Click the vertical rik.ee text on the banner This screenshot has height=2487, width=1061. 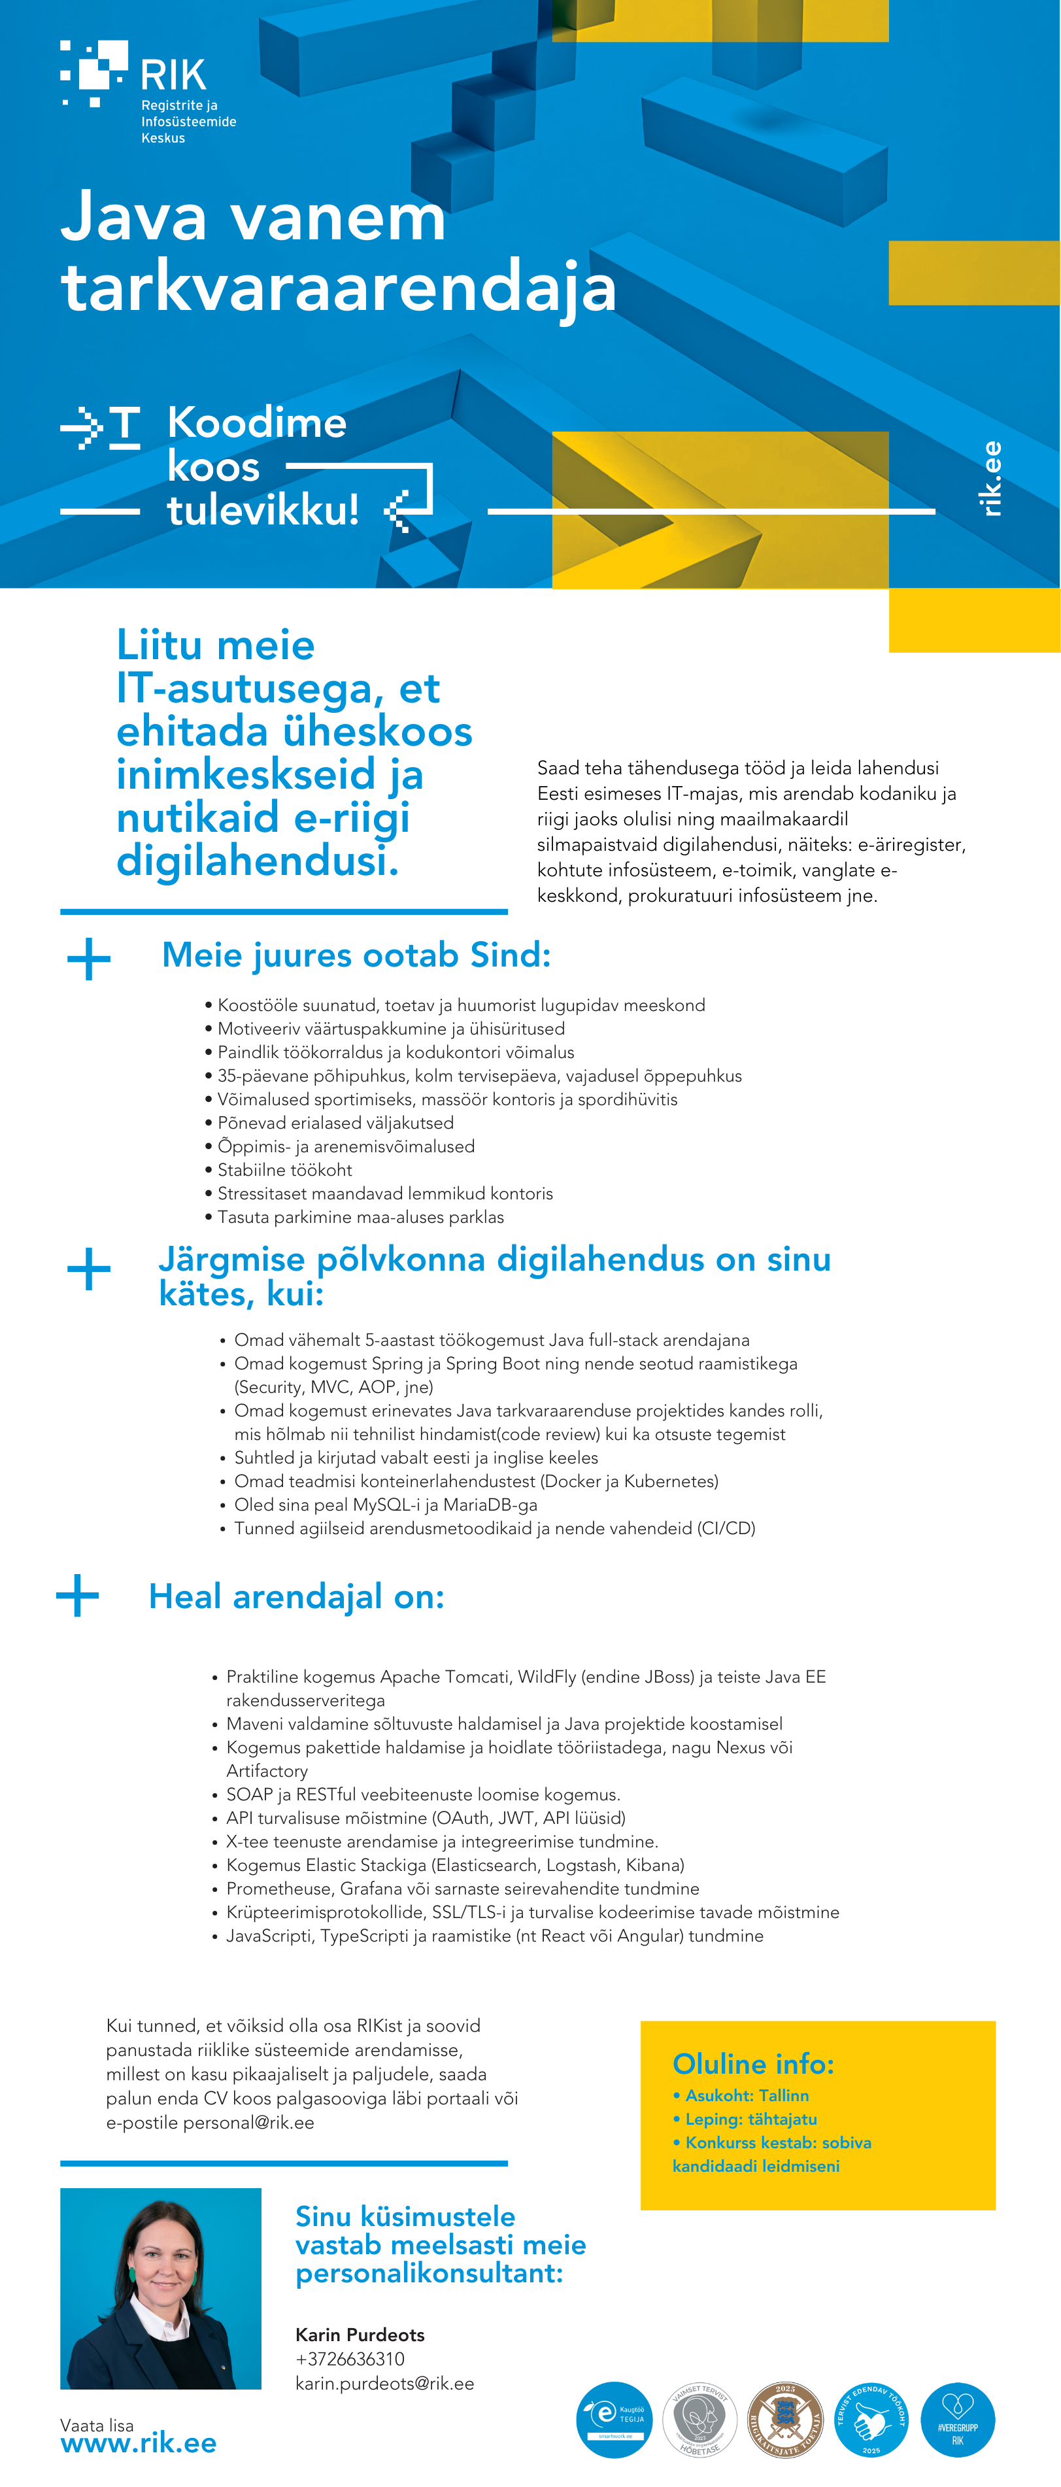990,479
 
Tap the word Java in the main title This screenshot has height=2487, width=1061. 134,217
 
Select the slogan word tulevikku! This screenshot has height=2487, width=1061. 263,509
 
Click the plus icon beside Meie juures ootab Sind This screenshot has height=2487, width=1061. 89,959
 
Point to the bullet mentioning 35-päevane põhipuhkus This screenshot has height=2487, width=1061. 479,1076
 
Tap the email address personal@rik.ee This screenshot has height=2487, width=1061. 248,2122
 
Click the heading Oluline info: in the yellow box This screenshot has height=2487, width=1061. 753,2064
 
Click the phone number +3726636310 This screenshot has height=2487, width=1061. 350,2359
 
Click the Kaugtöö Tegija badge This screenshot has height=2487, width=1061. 614,2420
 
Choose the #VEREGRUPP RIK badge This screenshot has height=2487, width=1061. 957,2420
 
